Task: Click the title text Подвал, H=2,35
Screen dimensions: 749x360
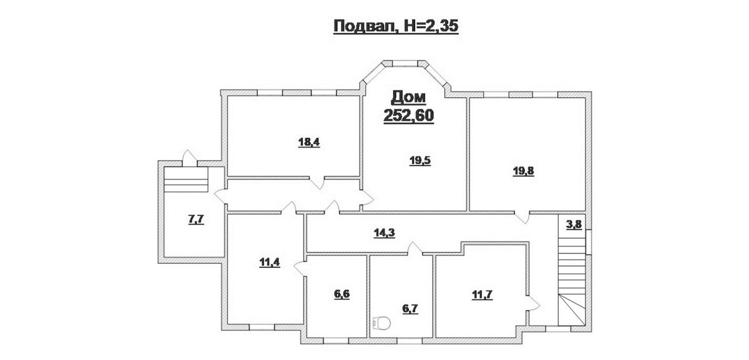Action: click(x=396, y=26)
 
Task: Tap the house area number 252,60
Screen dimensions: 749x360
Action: click(x=409, y=115)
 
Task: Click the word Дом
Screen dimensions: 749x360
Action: click(x=409, y=97)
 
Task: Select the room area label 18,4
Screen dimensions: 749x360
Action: click(x=309, y=142)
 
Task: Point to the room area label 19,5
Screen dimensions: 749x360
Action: click(x=420, y=161)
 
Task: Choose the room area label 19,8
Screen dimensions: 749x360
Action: click(x=523, y=171)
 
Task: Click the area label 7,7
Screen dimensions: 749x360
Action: click(x=196, y=219)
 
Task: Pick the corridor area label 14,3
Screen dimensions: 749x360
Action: click(x=384, y=233)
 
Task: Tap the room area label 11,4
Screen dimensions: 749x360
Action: click(x=270, y=263)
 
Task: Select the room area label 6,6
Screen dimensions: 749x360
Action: click(x=342, y=294)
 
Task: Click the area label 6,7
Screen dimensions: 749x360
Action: click(x=410, y=308)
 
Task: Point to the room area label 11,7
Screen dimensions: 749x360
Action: click(x=482, y=295)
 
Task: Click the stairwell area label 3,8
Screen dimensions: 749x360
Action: click(x=574, y=225)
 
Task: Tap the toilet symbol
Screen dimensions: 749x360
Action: click(x=381, y=323)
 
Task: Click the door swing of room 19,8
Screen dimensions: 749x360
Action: click(x=522, y=218)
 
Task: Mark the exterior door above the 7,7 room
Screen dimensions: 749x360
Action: click(x=189, y=158)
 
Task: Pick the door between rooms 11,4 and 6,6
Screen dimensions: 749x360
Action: click(x=300, y=268)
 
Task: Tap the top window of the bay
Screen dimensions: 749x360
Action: click(x=405, y=64)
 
